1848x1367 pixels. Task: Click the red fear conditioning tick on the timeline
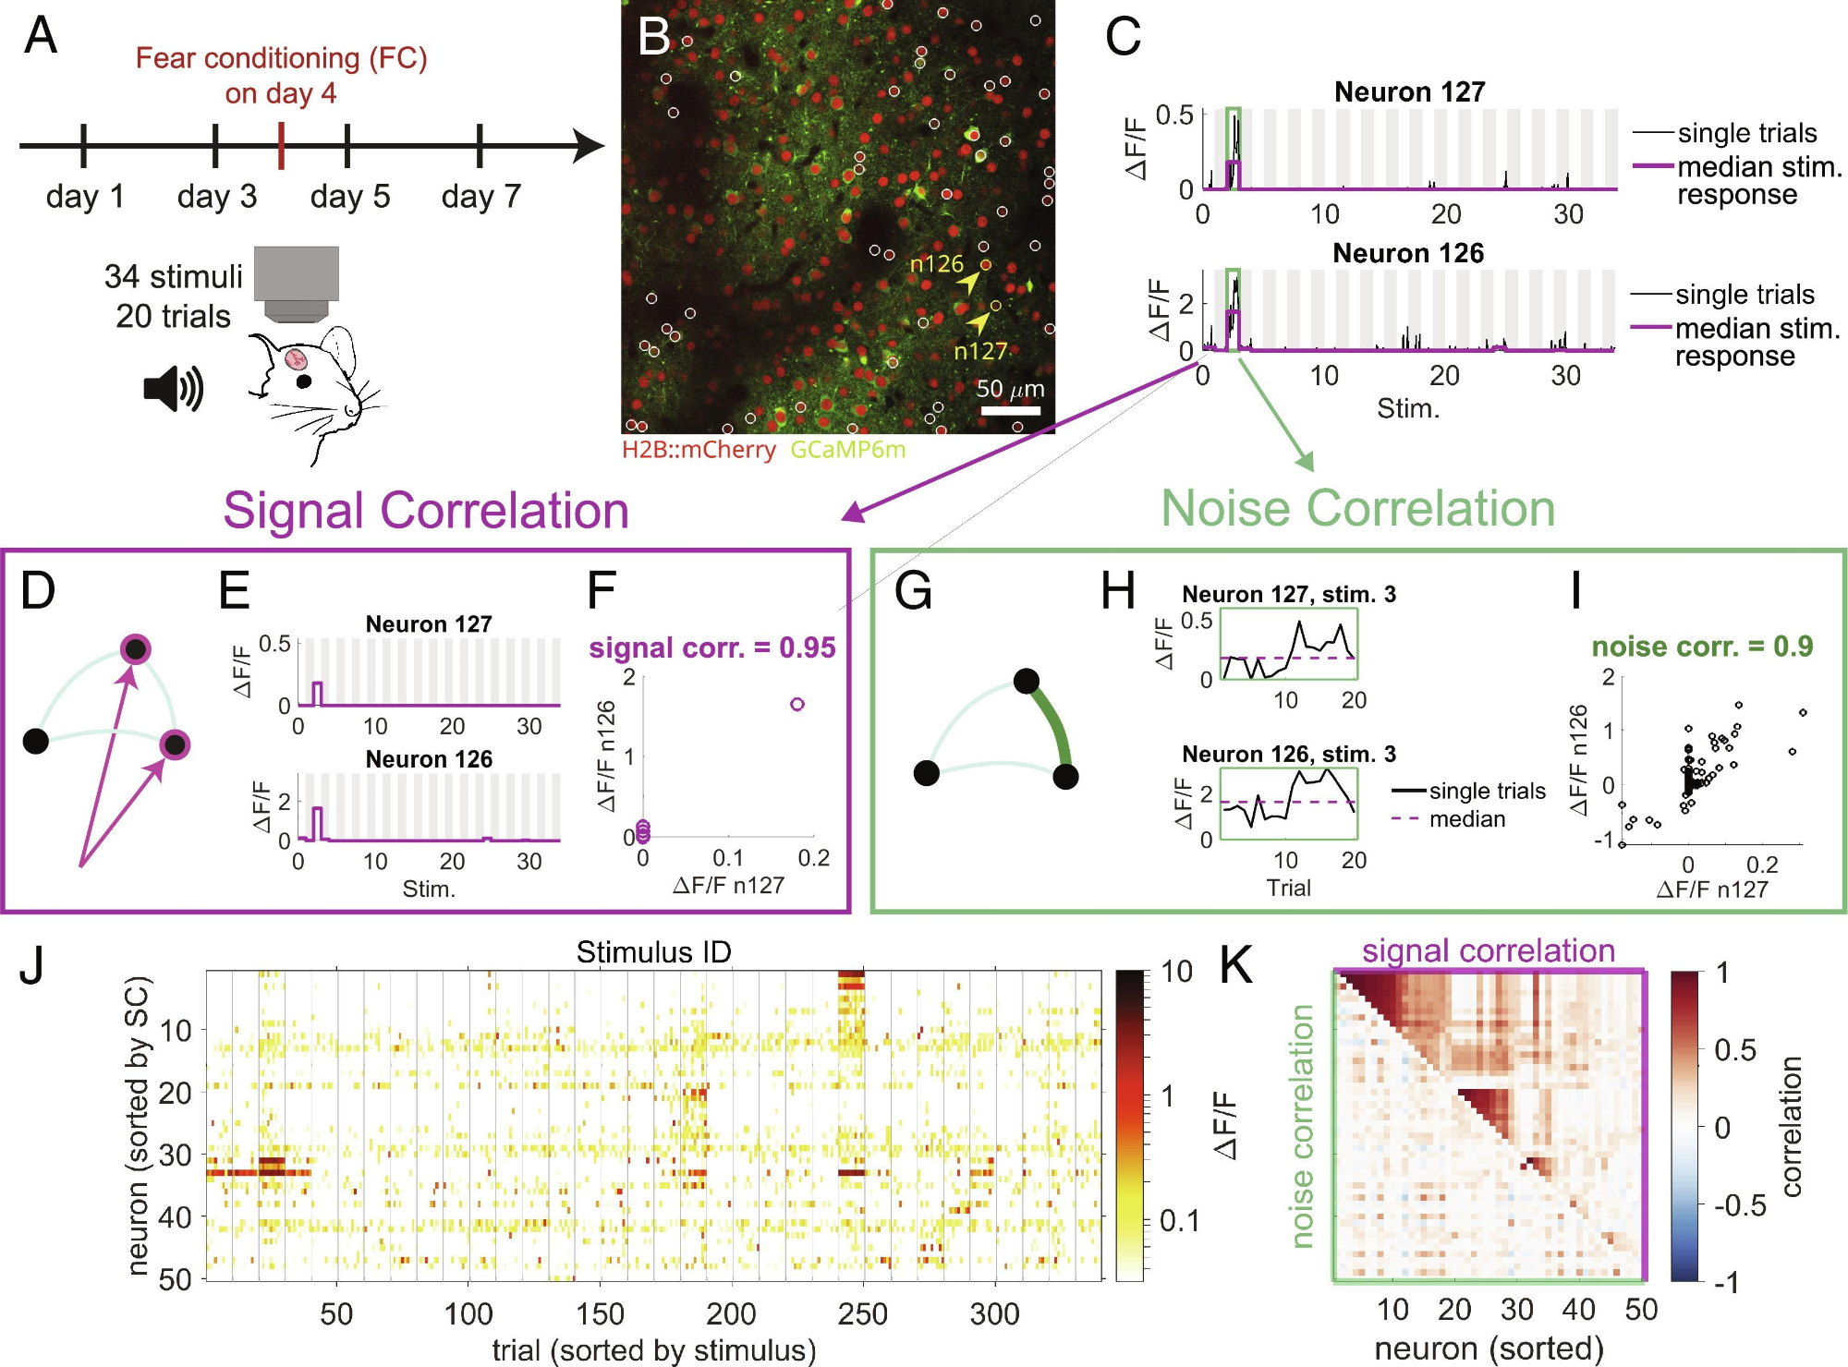tap(281, 146)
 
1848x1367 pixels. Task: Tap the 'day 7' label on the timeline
tap(481, 196)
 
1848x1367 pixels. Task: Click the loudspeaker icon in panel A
tap(173, 388)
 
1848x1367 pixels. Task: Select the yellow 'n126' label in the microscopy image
tap(936, 264)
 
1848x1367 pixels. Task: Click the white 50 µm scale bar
tap(1010, 411)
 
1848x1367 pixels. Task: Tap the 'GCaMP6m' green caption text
tap(847, 450)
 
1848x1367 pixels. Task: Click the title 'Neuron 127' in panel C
tap(1409, 92)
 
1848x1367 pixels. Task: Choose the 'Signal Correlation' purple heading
tap(426, 511)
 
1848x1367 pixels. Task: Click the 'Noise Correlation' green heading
tap(1357, 509)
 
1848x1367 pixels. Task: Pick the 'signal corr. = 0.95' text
tap(711, 647)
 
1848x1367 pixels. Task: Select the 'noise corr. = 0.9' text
tap(1702, 647)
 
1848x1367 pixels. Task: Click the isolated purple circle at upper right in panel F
tap(797, 705)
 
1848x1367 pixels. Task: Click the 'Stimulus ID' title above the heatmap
tap(653, 952)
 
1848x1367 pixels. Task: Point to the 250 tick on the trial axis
tap(863, 1313)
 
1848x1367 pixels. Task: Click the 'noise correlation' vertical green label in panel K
tap(1302, 1126)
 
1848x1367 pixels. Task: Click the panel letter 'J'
tap(33, 966)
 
